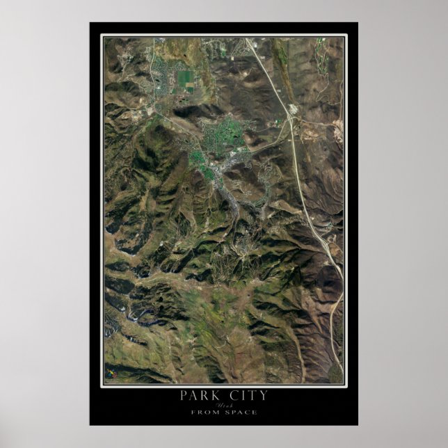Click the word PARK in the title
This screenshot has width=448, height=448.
click(x=201, y=396)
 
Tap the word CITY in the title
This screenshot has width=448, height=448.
click(x=246, y=396)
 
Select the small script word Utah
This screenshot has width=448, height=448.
click(x=224, y=405)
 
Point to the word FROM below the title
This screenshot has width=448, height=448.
click(x=208, y=413)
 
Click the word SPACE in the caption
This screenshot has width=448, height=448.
click(x=242, y=413)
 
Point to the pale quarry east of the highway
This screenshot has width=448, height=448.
click(x=339, y=128)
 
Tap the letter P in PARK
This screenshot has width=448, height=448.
click(x=184, y=396)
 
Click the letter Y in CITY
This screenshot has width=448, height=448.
click(x=263, y=396)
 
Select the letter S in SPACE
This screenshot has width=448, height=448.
click(x=227, y=413)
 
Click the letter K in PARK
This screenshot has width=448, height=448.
click(x=218, y=396)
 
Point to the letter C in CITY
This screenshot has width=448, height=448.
click(x=232, y=396)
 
